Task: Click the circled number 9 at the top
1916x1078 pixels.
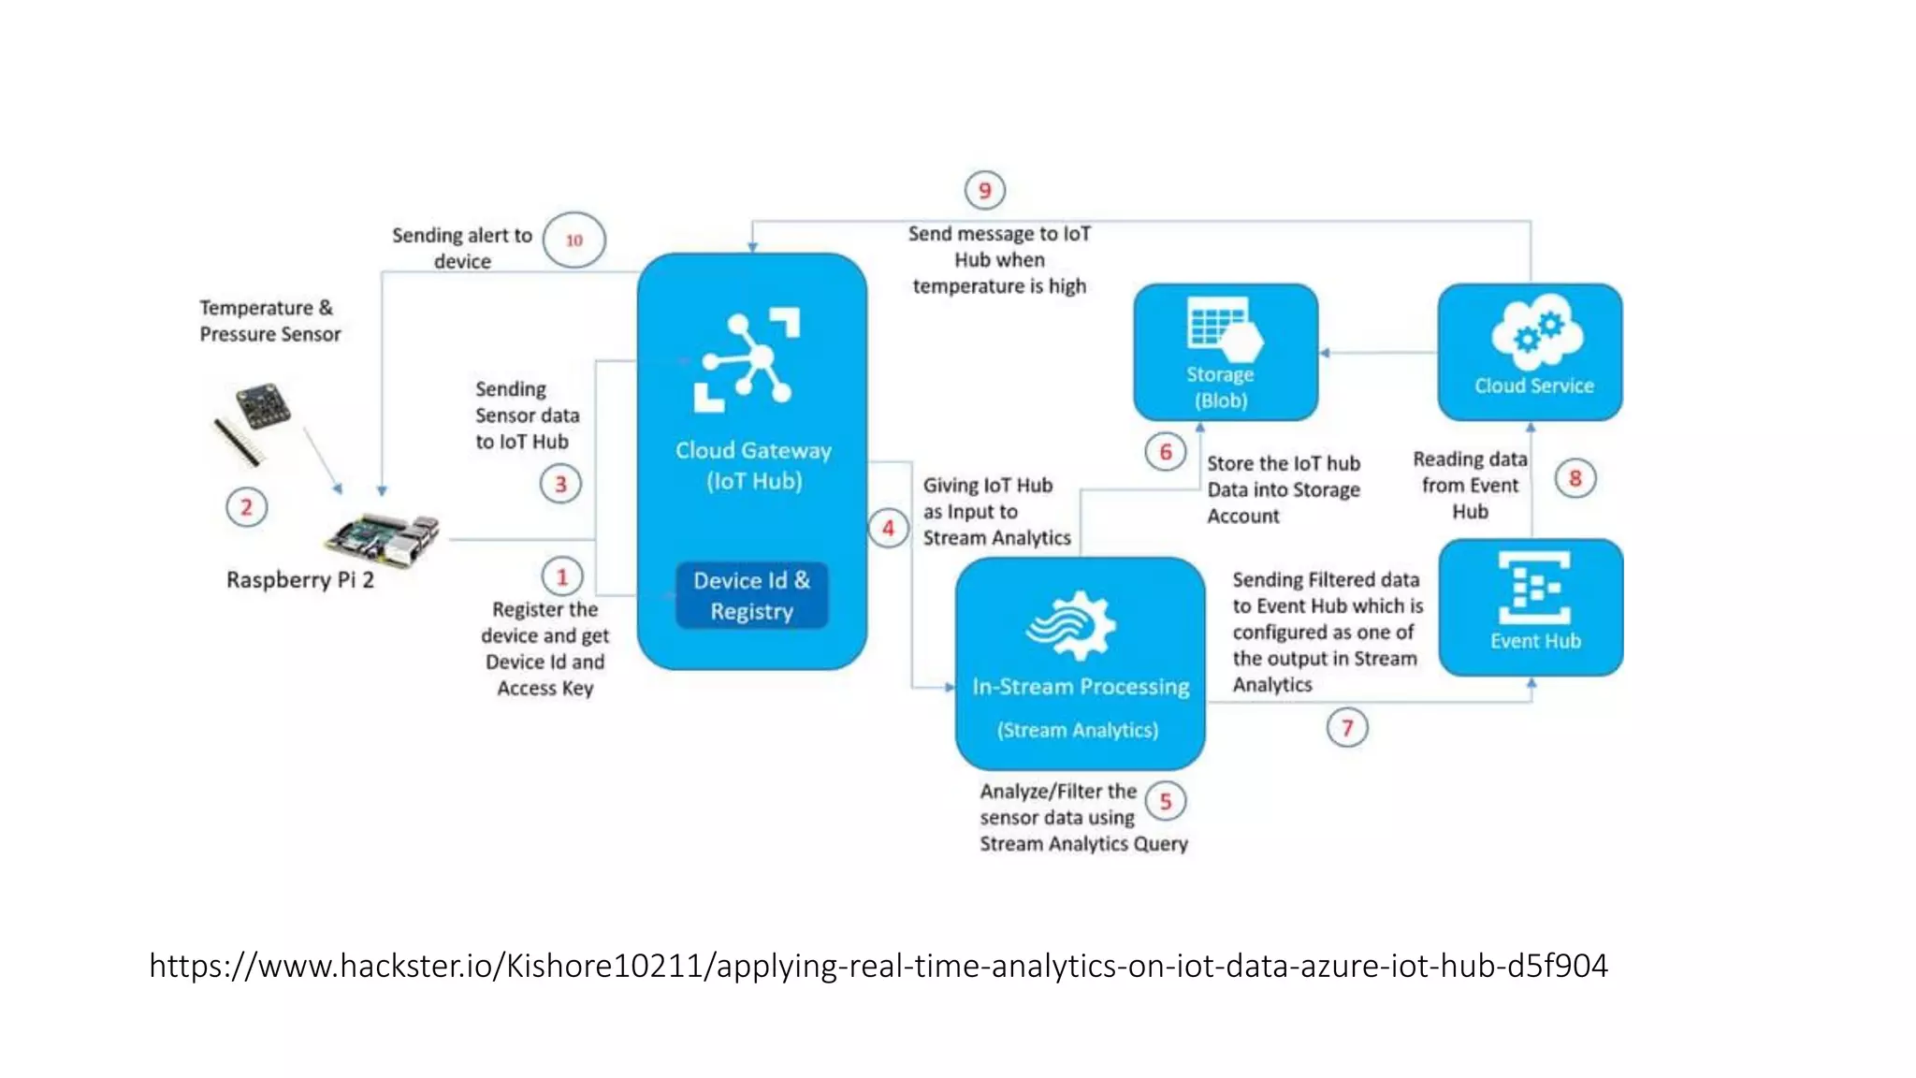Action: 984,191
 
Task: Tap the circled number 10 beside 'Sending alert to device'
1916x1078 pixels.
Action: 573,240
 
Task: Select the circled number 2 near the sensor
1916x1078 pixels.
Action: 246,507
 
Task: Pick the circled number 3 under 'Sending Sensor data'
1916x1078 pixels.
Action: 560,484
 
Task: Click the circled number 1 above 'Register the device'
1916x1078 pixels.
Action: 562,576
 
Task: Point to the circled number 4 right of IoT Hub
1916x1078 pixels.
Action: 888,529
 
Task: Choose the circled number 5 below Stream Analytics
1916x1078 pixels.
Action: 1166,802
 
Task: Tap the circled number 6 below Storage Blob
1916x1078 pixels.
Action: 1166,453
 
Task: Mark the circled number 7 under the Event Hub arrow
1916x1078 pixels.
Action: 1347,728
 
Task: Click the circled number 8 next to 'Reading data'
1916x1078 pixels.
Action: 1575,479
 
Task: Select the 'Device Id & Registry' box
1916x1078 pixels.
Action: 751,595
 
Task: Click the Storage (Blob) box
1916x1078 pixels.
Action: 1225,352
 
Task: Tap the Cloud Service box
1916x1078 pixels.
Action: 1530,352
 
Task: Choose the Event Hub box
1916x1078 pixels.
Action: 1531,606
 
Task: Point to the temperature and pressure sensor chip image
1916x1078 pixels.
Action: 262,406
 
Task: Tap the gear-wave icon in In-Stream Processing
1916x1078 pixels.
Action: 1072,625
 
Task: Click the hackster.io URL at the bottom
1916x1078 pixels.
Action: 878,966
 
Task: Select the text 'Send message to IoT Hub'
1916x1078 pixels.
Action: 999,247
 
